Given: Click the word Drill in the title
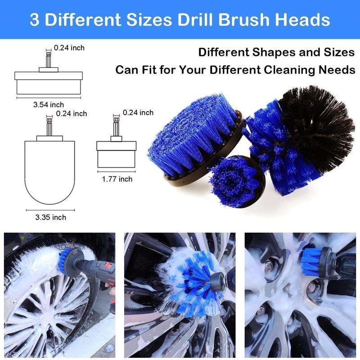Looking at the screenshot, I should [205, 20].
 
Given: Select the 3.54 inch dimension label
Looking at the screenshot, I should [49, 104].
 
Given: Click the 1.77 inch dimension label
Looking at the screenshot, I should [117, 179].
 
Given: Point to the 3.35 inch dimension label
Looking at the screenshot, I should [50, 217].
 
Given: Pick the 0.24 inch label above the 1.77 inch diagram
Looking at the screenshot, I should [138, 112].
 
